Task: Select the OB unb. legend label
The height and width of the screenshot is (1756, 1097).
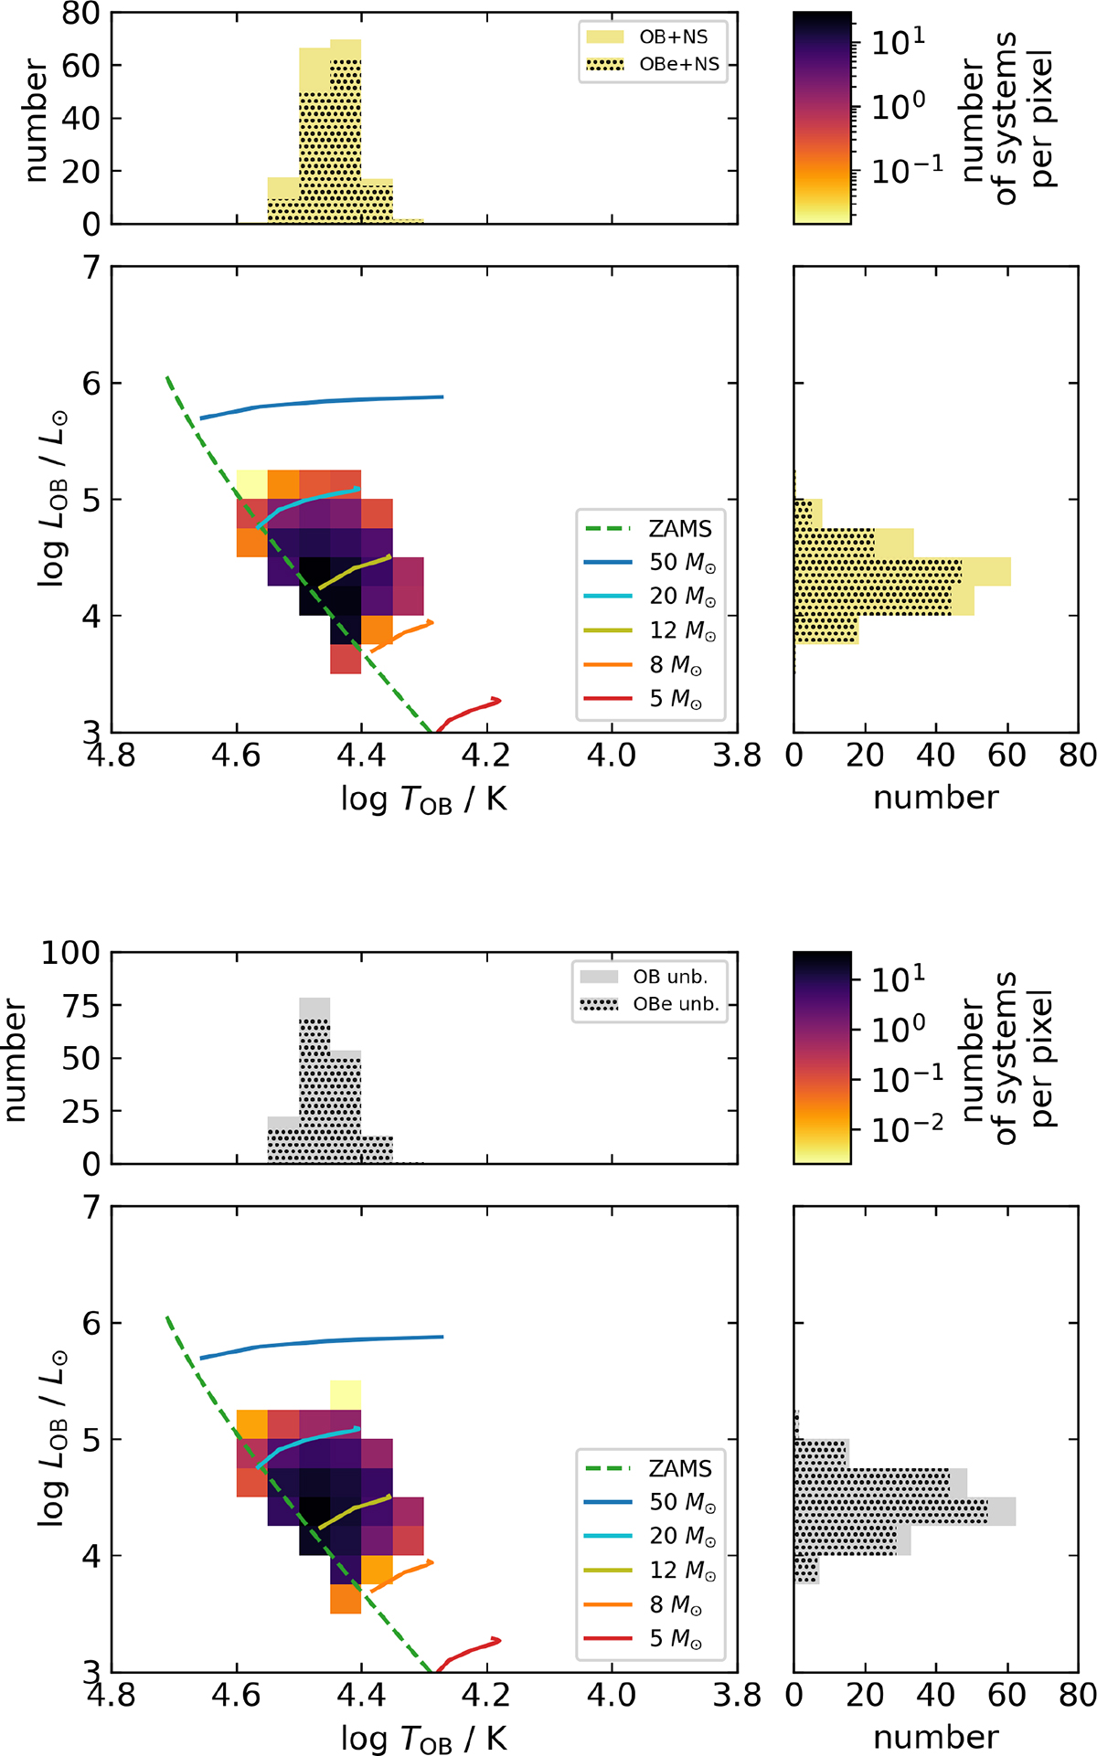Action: tap(670, 977)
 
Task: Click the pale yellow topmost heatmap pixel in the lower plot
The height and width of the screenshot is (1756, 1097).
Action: tap(346, 1395)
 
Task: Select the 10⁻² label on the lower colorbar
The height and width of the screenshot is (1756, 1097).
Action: tap(907, 1130)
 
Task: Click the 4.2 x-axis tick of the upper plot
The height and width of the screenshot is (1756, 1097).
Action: tap(485, 756)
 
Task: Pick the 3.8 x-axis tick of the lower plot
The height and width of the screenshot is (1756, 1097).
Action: tap(736, 1696)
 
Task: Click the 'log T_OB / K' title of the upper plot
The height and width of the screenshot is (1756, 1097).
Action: tap(423, 799)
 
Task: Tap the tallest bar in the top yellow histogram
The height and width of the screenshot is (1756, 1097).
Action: tap(346, 132)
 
